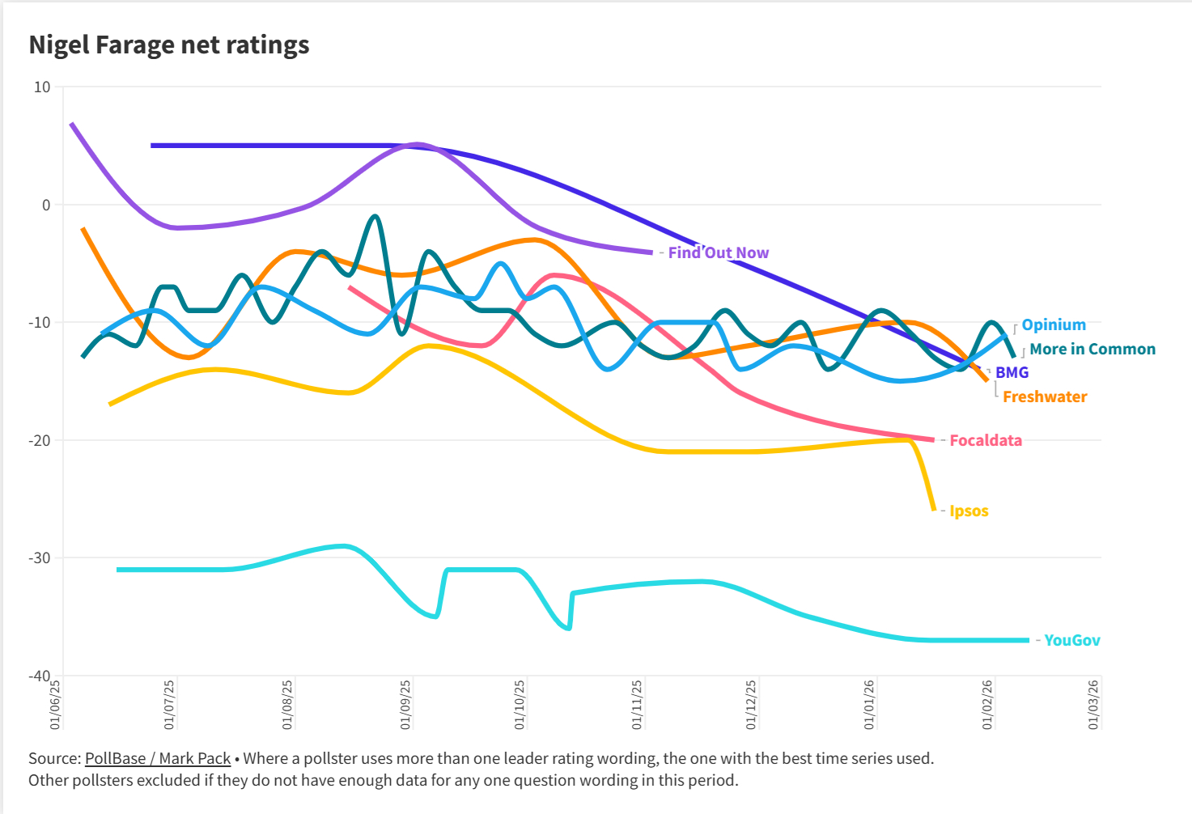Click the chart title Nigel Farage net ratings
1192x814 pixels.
[169, 45]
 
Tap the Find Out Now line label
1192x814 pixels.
[718, 252]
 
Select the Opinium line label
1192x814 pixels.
[1053, 324]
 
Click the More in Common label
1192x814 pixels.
[1092, 349]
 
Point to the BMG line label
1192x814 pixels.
[1012, 372]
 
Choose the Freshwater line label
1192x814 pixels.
[1044, 396]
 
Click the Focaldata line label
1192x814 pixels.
[985, 440]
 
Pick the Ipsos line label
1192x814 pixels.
[969, 511]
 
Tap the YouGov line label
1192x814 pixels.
[1071, 640]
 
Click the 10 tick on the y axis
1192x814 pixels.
[41, 87]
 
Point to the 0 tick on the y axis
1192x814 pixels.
[45, 205]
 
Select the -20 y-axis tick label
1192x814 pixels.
[40, 440]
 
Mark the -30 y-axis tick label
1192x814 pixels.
[40, 558]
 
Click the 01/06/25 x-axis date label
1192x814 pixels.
[56, 704]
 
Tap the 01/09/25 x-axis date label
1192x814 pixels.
[406, 704]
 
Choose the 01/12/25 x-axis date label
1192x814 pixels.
[752, 704]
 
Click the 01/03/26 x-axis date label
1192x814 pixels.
[1094, 704]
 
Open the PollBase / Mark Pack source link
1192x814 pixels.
[158, 758]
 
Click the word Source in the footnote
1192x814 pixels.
[53, 758]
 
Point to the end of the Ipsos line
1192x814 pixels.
[934, 510]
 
